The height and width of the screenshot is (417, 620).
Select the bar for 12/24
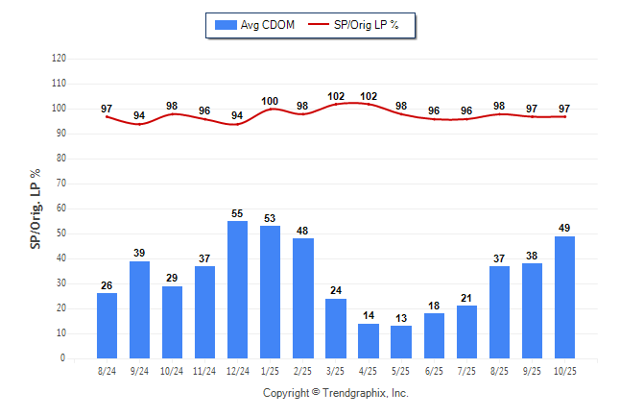coord(237,289)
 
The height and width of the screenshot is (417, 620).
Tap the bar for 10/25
coord(564,297)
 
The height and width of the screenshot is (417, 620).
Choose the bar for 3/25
coord(336,329)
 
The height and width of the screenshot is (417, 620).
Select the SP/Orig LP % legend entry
coord(360,24)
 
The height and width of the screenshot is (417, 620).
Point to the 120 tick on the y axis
coord(59,59)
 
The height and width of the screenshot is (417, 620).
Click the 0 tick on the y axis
coord(62,358)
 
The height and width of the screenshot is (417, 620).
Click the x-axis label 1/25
coord(270,371)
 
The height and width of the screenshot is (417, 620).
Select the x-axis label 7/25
coord(466,371)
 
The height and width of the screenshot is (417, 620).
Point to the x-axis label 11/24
coord(204,371)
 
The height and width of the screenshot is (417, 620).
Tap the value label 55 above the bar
coord(237,213)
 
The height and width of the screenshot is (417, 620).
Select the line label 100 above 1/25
coord(270,101)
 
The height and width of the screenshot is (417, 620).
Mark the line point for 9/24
coord(139,124)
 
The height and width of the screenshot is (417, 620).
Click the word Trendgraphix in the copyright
coord(355,393)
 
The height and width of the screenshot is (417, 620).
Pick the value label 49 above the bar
coord(564,228)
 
